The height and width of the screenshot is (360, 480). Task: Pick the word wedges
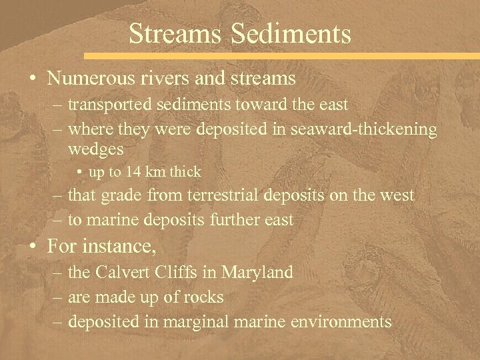point(96,149)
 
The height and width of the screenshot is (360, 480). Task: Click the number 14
point(135,172)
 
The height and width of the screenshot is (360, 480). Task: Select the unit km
point(157,172)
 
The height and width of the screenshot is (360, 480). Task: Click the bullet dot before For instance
point(32,247)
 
